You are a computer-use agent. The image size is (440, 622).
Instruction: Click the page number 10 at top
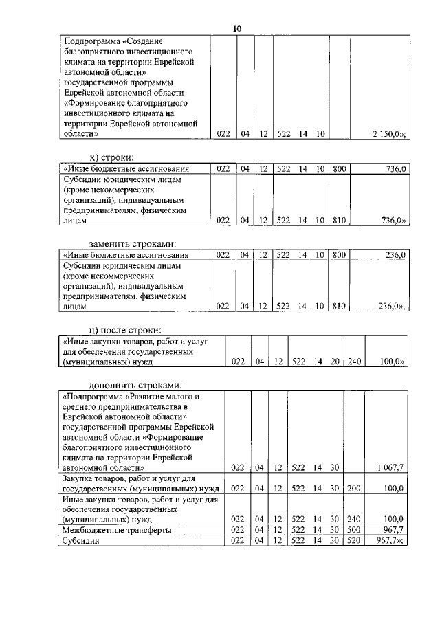click(237, 28)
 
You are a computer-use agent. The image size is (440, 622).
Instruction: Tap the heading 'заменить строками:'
click(133, 243)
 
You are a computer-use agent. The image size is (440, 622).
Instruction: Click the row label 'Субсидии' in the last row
click(78, 541)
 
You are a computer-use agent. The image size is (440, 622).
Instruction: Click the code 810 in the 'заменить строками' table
click(338, 307)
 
